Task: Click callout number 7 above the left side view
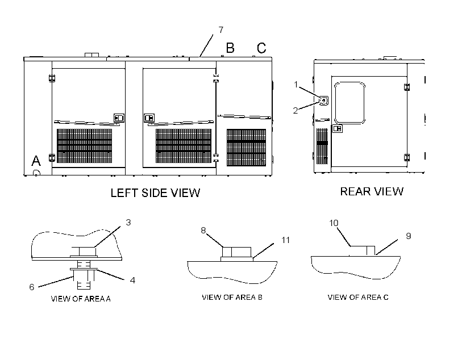pyautogui.click(x=221, y=30)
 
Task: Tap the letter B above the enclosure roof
pyautogui.click(x=230, y=48)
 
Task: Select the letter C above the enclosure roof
pyautogui.click(x=261, y=48)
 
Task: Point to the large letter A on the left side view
pyautogui.click(x=36, y=161)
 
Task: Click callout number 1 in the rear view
pyautogui.click(x=296, y=85)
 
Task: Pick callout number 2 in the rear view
pyautogui.click(x=295, y=111)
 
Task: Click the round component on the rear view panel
pyautogui.click(x=324, y=101)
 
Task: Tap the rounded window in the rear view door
pyautogui.click(x=349, y=103)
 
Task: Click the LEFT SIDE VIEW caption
pyautogui.click(x=156, y=193)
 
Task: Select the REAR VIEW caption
pyautogui.click(x=372, y=191)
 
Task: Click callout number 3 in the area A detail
pyautogui.click(x=128, y=223)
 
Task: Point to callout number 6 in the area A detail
pyautogui.click(x=31, y=287)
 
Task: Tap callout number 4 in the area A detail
pyautogui.click(x=132, y=280)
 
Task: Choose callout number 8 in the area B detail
pyautogui.click(x=203, y=230)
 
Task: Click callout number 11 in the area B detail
pyautogui.click(x=286, y=240)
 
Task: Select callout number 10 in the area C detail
pyautogui.click(x=334, y=223)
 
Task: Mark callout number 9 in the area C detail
pyautogui.click(x=409, y=236)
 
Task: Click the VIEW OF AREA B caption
pyautogui.click(x=232, y=298)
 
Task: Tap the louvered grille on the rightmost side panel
pyautogui.click(x=247, y=148)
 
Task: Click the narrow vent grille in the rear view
pyautogui.click(x=322, y=146)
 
